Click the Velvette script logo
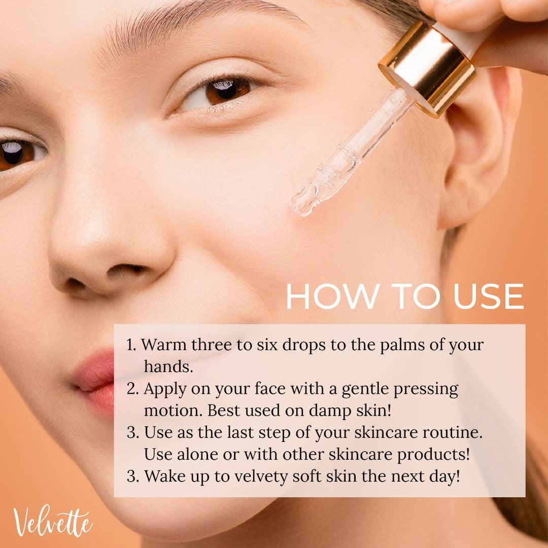(52, 522)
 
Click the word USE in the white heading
(488, 296)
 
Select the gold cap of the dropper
(428, 66)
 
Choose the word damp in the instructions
(328, 411)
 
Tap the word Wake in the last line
(164, 476)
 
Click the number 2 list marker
(132, 389)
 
